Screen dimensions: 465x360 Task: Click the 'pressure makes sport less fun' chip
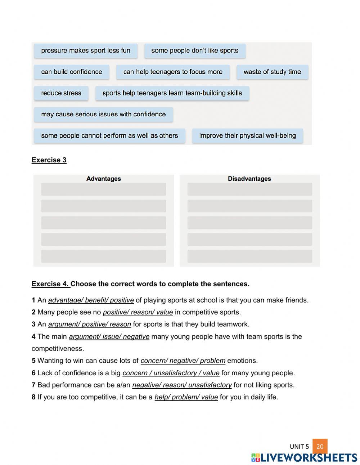pyautogui.click(x=86, y=51)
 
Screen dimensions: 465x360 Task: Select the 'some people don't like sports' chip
pyautogui.click(x=195, y=51)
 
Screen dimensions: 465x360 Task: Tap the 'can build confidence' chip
pyautogui.click(x=72, y=72)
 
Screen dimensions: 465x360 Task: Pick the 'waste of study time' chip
pyautogui.click(x=272, y=72)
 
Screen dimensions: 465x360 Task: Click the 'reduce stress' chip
pyautogui.click(x=61, y=93)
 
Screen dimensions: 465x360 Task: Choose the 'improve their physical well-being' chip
pyautogui.click(x=247, y=136)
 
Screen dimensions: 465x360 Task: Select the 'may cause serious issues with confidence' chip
pyautogui.click(x=103, y=115)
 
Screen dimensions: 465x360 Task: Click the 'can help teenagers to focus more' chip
pyautogui.click(x=173, y=72)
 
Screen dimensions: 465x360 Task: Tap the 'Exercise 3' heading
pyautogui.click(x=49, y=160)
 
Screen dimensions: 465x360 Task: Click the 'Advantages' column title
pyautogui.click(x=104, y=179)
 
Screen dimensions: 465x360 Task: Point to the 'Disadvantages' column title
pyautogui.click(x=249, y=179)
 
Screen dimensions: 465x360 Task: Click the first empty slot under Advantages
pyautogui.click(x=104, y=189)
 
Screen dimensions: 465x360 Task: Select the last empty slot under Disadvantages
pyautogui.click(x=249, y=256)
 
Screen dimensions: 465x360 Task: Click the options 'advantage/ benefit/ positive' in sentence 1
pyautogui.click(x=91, y=300)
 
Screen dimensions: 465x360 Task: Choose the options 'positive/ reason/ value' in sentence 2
pyautogui.click(x=138, y=312)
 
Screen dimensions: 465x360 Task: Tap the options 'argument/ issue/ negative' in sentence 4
pyautogui.click(x=109, y=337)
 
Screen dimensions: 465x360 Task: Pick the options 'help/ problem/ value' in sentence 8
pyautogui.click(x=186, y=397)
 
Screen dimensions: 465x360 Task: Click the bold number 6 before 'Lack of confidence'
pyautogui.click(x=33, y=373)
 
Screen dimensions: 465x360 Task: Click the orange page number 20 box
pyautogui.click(x=320, y=446)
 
